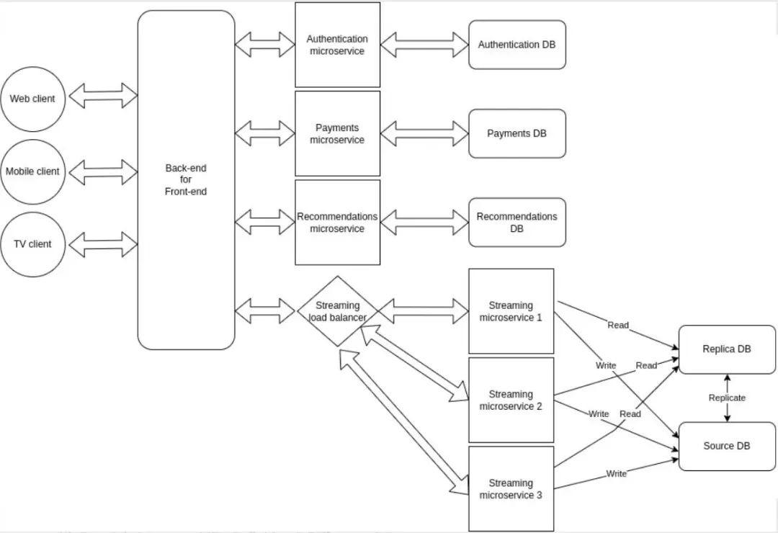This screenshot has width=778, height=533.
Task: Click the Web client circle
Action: click(x=32, y=99)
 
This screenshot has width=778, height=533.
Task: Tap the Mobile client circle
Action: click(x=32, y=171)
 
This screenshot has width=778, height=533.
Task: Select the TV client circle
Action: click(x=32, y=243)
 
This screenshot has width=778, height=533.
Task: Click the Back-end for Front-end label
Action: click(x=186, y=179)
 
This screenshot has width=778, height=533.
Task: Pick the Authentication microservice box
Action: click(x=337, y=45)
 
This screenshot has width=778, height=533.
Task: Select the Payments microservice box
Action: click(x=337, y=133)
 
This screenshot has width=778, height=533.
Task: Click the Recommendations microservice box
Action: click(x=337, y=223)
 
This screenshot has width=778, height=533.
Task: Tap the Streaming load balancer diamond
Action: click(x=337, y=311)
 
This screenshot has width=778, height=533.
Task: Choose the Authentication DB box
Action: click(x=517, y=45)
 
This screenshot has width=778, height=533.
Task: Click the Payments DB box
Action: click(x=517, y=133)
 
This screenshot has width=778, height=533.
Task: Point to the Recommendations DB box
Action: click(x=517, y=223)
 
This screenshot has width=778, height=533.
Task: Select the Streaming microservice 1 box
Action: click(x=511, y=311)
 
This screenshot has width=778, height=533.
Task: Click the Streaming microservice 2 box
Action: click(x=511, y=400)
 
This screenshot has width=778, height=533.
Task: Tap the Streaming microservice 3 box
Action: click(x=511, y=488)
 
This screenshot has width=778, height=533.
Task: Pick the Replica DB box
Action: click(x=727, y=349)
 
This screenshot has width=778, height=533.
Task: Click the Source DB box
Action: click(x=727, y=446)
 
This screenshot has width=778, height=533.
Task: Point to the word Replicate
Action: click(x=727, y=398)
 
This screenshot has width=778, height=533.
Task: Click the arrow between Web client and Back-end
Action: click(x=103, y=95)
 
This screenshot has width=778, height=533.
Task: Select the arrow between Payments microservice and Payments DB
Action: click(x=424, y=133)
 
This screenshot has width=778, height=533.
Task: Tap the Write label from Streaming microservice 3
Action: click(x=616, y=473)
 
